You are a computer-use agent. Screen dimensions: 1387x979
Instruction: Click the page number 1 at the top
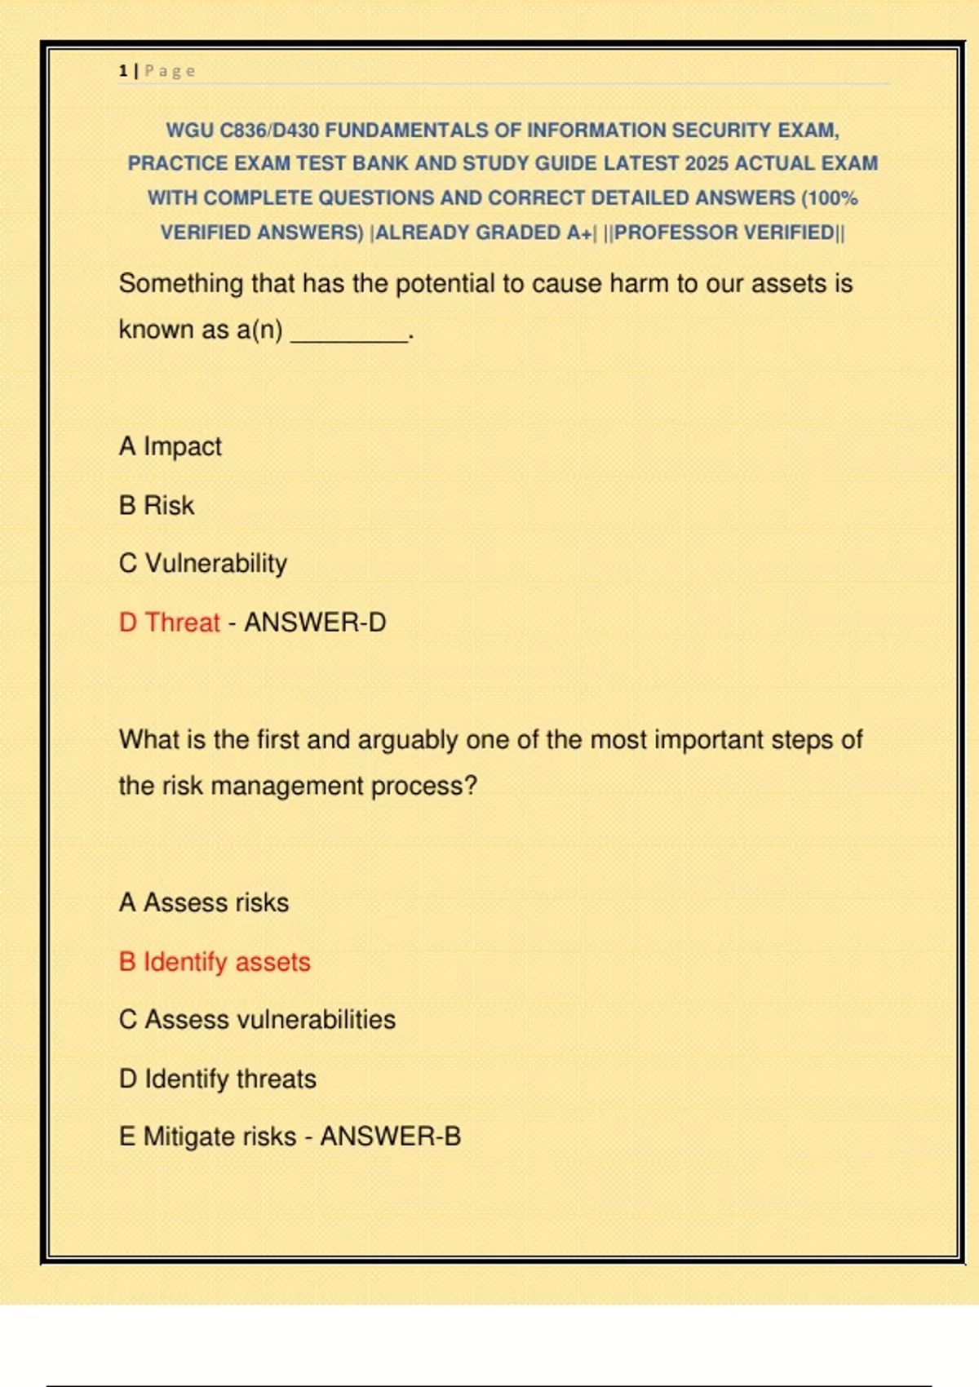(x=122, y=71)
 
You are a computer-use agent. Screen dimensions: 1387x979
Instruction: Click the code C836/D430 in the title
(x=269, y=131)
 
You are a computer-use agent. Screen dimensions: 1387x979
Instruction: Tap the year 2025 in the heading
(x=707, y=164)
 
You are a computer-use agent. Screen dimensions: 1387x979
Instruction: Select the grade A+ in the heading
(x=579, y=233)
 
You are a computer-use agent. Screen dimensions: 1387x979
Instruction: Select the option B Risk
(x=157, y=505)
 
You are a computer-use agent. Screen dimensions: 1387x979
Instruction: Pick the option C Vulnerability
(x=203, y=563)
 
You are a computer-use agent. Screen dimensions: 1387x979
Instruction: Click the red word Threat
(x=182, y=623)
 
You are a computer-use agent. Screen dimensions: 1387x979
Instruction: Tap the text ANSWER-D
(x=315, y=623)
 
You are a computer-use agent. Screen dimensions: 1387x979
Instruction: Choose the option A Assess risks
(x=204, y=902)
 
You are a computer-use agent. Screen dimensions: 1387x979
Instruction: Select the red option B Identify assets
(x=215, y=962)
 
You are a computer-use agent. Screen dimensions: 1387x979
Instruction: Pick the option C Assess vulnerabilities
(x=257, y=1020)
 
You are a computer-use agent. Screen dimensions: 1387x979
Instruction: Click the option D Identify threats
(x=218, y=1079)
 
